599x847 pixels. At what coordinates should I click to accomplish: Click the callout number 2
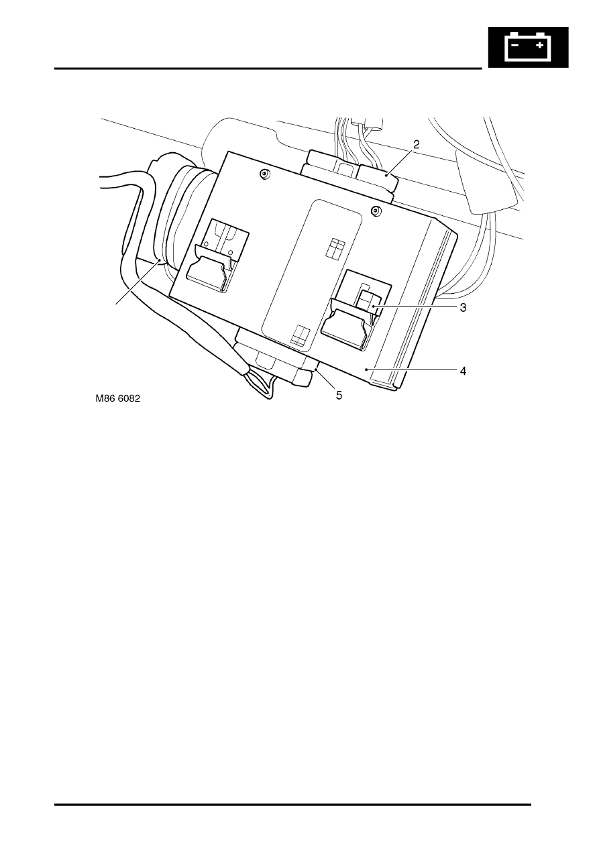click(416, 144)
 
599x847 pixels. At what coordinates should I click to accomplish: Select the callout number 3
click(463, 308)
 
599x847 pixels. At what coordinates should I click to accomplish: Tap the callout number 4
click(463, 371)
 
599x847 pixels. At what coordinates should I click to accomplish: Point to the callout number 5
click(339, 396)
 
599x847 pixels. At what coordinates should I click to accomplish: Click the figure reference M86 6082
click(118, 398)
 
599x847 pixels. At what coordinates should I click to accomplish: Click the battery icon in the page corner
click(528, 47)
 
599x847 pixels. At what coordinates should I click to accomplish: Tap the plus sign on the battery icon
click(539, 46)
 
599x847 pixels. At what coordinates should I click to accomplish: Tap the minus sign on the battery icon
click(515, 46)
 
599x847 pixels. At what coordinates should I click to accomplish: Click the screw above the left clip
click(264, 174)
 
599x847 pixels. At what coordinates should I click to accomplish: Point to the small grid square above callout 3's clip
click(335, 249)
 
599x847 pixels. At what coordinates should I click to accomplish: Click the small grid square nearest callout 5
click(301, 335)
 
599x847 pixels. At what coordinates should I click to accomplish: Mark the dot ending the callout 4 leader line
click(366, 369)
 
